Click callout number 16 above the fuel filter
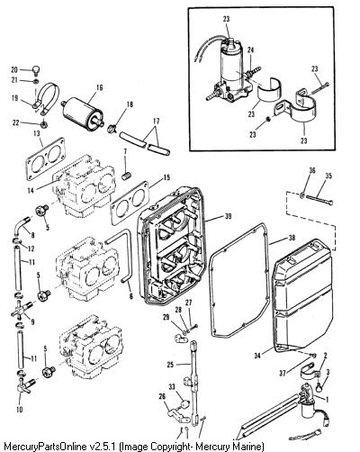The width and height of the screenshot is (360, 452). pyautogui.click(x=99, y=87)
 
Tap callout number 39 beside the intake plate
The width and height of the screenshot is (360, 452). pyautogui.click(x=228, y=216)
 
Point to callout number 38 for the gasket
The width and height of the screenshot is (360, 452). pyautogui.click(x=292, y=240)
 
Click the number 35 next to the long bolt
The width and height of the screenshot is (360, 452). pyautogui.click(x=328, y=176)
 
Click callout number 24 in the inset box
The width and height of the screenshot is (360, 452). pyautogui.click(x=251, y=50)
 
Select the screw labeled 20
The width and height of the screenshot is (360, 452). pyautogui.click(x=36, y=70)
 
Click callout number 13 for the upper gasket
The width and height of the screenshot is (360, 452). pyautogui.click(x=36, y=133)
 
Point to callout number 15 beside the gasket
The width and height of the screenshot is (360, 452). pyautogui.click(x=166, y=177)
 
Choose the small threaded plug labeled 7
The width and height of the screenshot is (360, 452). pyautogui.click(x=127, y=176)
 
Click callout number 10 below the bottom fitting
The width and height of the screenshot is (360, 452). pyautogui.click(x=20, y=410)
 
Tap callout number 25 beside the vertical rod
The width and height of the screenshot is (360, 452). pyautogui.click(x=171, y=365)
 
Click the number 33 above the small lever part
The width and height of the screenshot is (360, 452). pyautogui.click(x=172, y=387)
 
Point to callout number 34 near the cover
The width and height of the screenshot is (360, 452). pyautogui.click(x=257, y=356)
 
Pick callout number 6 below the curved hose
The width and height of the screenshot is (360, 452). pyautogui.click(x=130, y=295)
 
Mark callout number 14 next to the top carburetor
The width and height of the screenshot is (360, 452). pyautogui.click(x=31, y=190)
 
